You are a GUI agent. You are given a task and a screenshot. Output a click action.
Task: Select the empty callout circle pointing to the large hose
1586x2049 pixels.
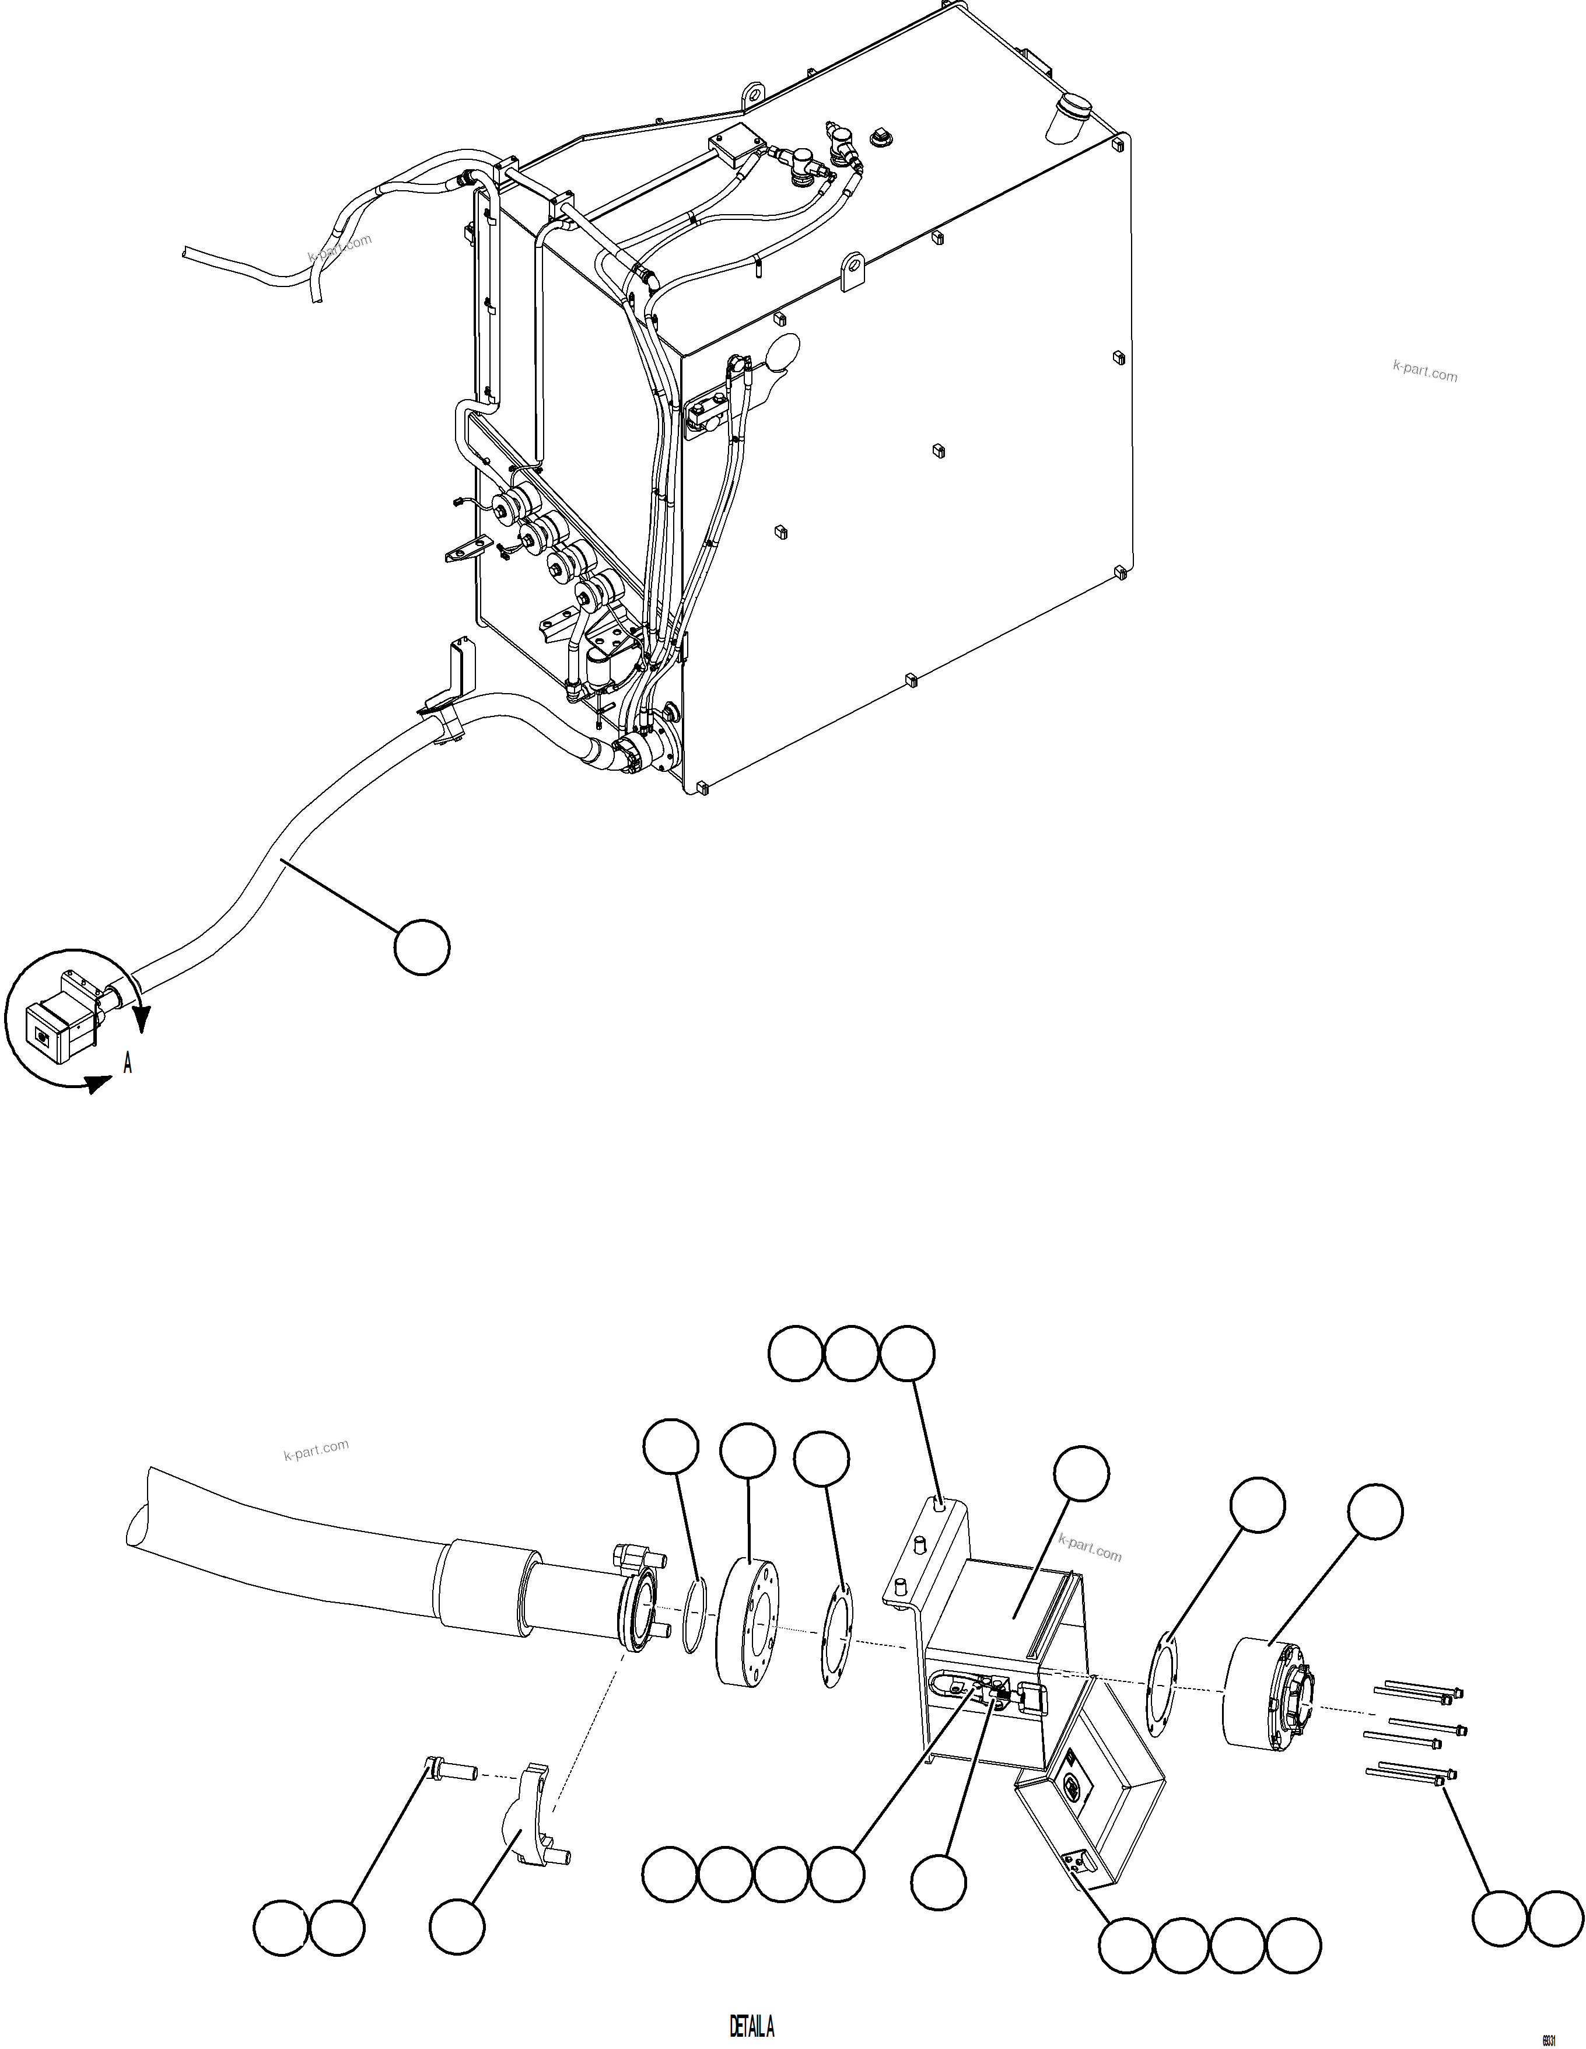click(x=421, y=947)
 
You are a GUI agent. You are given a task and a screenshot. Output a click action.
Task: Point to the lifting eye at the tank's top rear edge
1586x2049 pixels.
click(x=751, y=94)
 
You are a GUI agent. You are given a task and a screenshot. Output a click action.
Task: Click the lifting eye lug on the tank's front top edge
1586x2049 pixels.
click(x=853, y=271)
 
